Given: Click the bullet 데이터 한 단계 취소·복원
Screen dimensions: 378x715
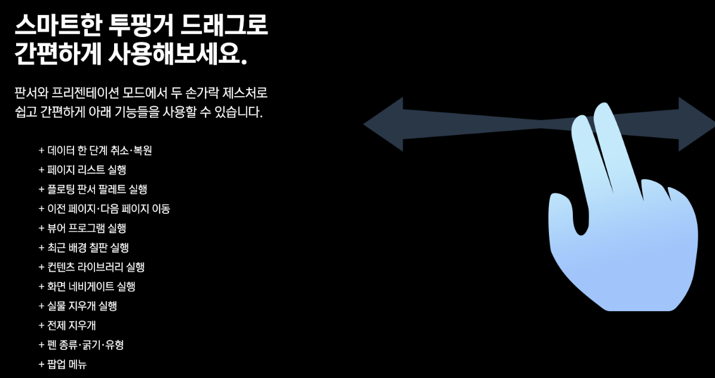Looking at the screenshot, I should point(95,150).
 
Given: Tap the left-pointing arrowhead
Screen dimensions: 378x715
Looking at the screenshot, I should point(383,124).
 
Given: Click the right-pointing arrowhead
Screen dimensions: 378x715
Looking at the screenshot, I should point(696,124).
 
